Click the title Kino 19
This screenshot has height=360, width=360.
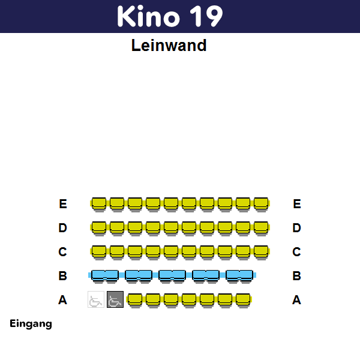170,16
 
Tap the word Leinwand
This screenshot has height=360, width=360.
169,46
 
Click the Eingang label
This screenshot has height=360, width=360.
31,324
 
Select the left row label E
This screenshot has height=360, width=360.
63,204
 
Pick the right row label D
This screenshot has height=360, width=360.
296,228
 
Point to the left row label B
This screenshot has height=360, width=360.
62,276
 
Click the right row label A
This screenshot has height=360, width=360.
296,300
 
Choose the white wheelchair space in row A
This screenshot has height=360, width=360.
96,299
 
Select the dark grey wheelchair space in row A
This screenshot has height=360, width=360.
115,299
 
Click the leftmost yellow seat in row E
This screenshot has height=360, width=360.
99,203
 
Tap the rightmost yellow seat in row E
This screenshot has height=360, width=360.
261,203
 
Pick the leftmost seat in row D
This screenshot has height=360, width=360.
99,227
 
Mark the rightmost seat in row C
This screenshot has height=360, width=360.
261,251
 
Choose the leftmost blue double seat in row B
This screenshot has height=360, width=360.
104,275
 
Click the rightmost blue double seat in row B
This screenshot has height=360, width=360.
239,275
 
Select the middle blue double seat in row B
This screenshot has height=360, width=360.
172,275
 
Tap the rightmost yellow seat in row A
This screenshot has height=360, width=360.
243,299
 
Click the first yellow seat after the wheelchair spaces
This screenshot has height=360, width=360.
135,299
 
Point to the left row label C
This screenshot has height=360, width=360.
62,252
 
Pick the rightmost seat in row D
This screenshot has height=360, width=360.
261,227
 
